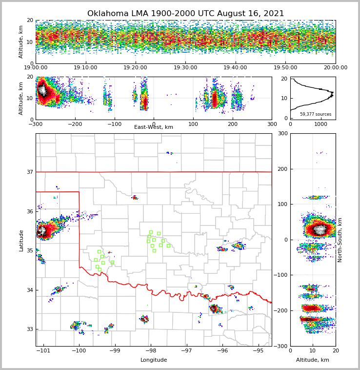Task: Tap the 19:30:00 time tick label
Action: [185, 68]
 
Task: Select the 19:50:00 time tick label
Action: [285, 68]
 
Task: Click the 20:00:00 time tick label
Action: [335, 68]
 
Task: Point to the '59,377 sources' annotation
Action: [316, 114]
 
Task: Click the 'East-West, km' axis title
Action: [154, 127]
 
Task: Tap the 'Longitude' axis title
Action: [154, 360]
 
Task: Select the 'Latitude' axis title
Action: [21, 240]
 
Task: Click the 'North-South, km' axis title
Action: [340, 240]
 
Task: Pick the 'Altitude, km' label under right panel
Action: [313, 360]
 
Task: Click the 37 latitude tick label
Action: [29, 172]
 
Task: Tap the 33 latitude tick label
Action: [29, 329]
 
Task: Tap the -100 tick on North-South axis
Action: [280, 275]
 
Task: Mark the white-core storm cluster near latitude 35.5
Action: [43, 231]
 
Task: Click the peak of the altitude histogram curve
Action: [333, 92]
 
